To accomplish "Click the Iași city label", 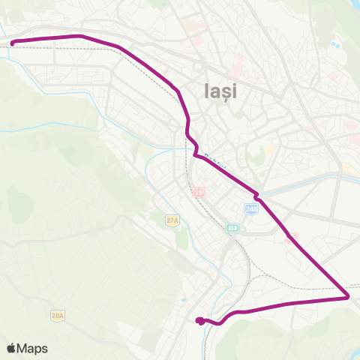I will click(220, 91).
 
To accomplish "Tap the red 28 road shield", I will click(198, 193).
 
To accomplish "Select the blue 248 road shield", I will click(250, 208).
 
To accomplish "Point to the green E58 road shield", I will click(232, 228).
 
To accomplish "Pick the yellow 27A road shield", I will click(174, 218).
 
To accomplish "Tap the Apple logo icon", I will click(11, 349).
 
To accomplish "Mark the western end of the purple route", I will click(13, 43).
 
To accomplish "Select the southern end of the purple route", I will click(199, 321).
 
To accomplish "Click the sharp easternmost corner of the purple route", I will click(349, 297).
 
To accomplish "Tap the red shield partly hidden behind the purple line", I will click(291, 238).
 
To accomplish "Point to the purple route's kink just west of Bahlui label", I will click(195, 154).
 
